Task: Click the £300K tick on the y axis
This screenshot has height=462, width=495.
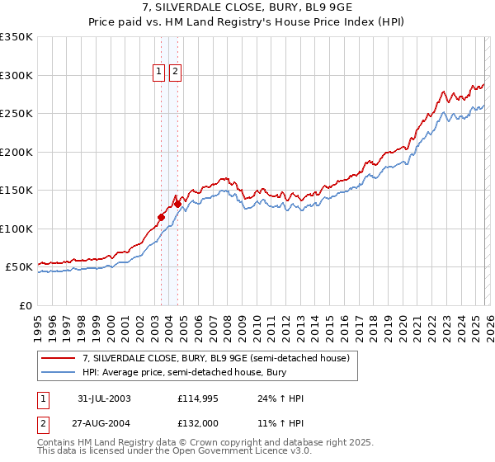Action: click(16, 75)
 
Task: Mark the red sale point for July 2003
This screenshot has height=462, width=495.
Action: click(162, 217)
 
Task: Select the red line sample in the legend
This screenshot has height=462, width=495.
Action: click(59, 358)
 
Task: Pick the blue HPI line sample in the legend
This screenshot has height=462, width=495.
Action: click(59, 372)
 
